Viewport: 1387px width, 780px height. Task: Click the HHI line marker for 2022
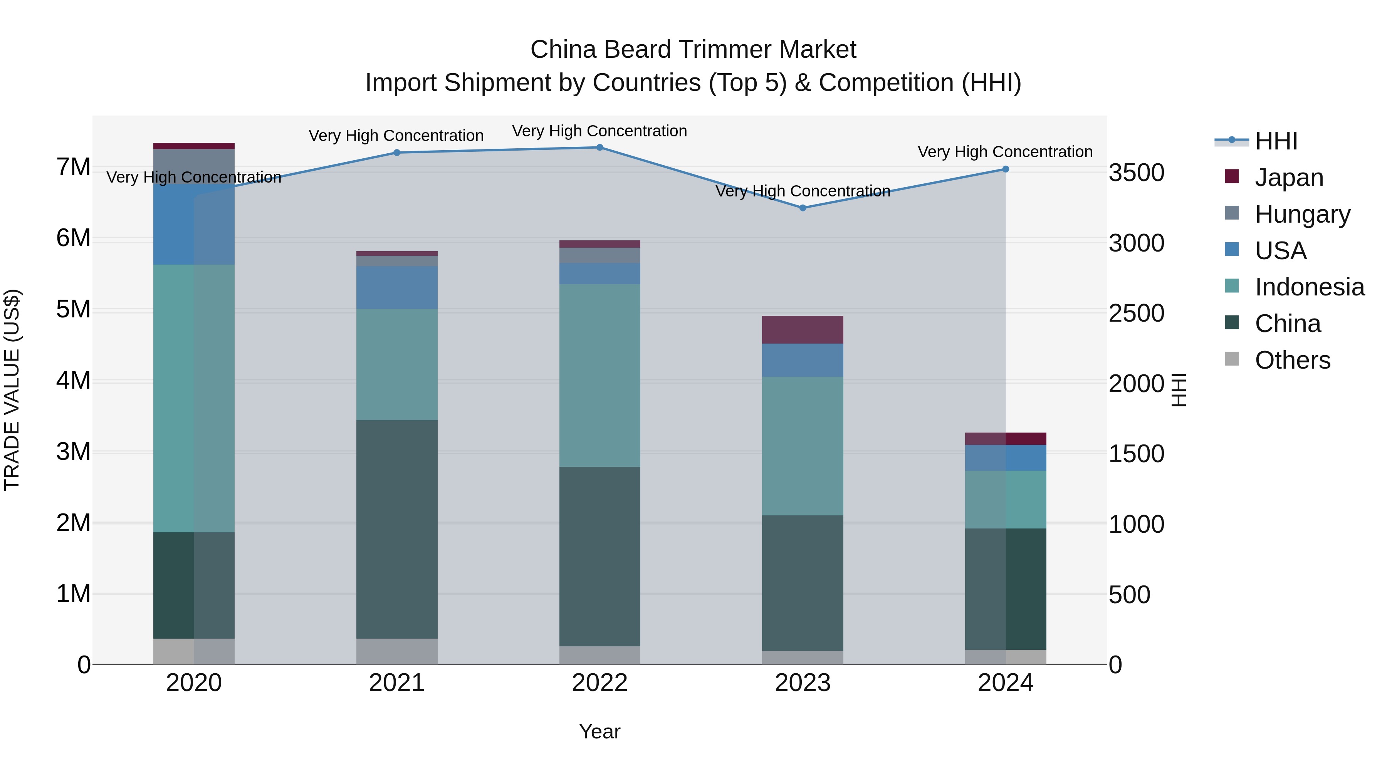(600, 148)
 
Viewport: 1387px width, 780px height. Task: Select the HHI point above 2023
(803, 208)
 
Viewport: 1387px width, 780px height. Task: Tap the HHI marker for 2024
(1006, 169)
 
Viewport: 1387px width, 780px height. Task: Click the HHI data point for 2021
(397, 153)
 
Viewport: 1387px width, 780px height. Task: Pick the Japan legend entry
(1288, 178)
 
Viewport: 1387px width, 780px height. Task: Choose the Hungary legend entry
(1302, 214)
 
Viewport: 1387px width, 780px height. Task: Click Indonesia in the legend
(1309, 287)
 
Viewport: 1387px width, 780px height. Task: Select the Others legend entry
(1292, 361)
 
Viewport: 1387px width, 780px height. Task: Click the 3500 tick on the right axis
(1137, 173)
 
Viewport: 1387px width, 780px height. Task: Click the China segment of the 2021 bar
(397, 529)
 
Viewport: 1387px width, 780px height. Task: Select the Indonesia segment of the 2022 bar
(600, 375)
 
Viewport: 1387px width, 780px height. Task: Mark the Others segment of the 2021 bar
(397, 652)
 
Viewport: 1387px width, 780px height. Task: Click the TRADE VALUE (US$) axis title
(12, 390)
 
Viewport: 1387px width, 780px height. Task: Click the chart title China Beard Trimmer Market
(693, 50)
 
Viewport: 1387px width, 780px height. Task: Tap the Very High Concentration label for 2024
(1005, 152)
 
